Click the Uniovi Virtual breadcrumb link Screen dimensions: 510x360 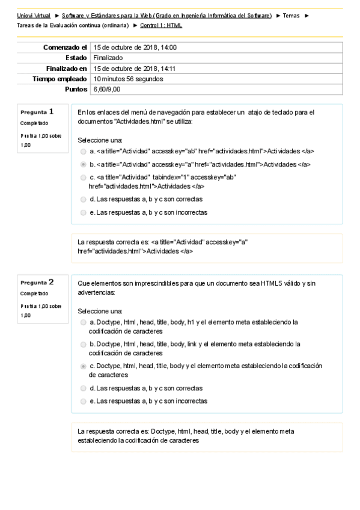tap(34, 14)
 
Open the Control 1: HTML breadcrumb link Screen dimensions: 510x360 tap(161, 25)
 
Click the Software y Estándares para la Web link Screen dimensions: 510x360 tap(167, 14)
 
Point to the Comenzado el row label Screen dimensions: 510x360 tap(66, 47)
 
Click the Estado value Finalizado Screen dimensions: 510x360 tap(108, 58)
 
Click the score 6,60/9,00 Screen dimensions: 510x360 tap(107, 89)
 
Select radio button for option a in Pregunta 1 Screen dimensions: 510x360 tap(83, 151)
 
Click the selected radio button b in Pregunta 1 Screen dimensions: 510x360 tap(83, 164)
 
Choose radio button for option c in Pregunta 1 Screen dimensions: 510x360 tap(83, 177)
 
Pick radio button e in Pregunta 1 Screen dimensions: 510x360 tap(83, 212)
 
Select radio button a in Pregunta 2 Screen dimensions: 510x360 tap(83, 322)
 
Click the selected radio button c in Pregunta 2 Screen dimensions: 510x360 tap(83, 366)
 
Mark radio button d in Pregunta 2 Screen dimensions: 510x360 tap(83, 388)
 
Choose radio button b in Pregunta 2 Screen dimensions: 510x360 tap(83, 344)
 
